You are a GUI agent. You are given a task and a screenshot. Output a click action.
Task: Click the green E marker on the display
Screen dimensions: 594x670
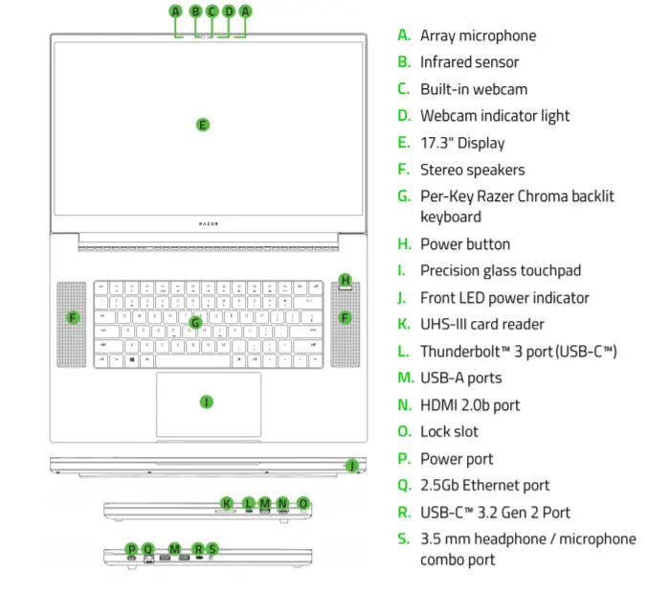click(202, 124)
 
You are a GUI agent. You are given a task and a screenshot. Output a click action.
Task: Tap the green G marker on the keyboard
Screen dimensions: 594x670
click(194, 322)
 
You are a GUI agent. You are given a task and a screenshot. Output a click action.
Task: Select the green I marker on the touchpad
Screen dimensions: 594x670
click(206, 401)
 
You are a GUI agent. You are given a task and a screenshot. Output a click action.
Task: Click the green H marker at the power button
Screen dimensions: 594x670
click(346, 281)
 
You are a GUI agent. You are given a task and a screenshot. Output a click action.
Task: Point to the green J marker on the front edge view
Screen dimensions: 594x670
click(352, 466)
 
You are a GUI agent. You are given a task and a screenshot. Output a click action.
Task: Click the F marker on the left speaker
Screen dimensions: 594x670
click(74, 317)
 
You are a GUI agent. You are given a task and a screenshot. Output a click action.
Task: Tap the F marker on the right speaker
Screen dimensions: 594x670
click(346, 317)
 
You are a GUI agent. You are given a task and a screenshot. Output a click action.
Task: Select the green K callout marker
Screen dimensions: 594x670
click(226, 503)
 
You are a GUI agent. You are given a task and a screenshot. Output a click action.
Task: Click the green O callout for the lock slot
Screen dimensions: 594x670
click(303, 503)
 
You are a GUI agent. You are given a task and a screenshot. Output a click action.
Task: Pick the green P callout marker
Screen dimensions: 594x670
click(131, 549)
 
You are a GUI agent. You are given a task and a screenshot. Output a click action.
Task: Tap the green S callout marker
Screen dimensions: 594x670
click(212, 549)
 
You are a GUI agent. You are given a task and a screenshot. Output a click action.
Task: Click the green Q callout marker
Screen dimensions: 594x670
click(147, 549)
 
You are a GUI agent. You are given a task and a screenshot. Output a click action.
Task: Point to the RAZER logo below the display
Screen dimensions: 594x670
click(208, 222)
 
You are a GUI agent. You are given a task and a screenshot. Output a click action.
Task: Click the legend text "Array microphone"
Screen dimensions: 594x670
click(478, 35)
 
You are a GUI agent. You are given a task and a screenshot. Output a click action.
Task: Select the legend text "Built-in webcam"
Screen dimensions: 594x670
click(473, 89)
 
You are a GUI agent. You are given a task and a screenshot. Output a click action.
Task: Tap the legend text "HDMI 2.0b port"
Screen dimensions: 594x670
click(470, 404)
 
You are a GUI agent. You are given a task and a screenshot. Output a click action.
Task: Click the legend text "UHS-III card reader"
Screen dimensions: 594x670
click(481, 324)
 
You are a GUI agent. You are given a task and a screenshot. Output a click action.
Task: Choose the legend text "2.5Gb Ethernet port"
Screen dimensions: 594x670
click(484, 485)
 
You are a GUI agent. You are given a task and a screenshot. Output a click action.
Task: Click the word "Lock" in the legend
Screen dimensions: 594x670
click(435, 431)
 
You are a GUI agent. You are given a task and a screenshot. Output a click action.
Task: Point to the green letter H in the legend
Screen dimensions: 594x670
click(404, 243)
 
